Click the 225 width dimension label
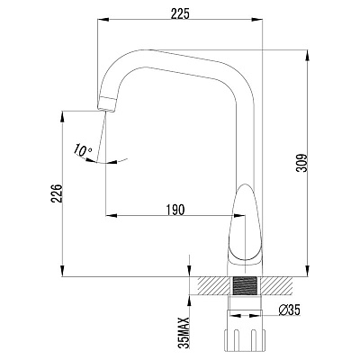point(180,13)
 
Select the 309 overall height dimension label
point(301,163)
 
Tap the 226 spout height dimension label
point(57,193)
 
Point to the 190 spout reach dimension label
point(175,210)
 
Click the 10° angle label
point(84,149)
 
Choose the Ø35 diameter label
point(289,310)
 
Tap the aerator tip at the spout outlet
point(107,104)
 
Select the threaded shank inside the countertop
point(246,285)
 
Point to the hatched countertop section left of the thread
point(215,285)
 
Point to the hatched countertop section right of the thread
point(275,285)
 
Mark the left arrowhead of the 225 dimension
point(103,20)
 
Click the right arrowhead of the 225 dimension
point(257,20)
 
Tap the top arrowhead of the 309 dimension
point(308,55)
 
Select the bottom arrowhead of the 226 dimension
point(62,271)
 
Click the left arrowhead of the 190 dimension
point(111,215)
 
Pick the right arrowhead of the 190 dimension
point(239,215)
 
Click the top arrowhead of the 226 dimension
point(62,116)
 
